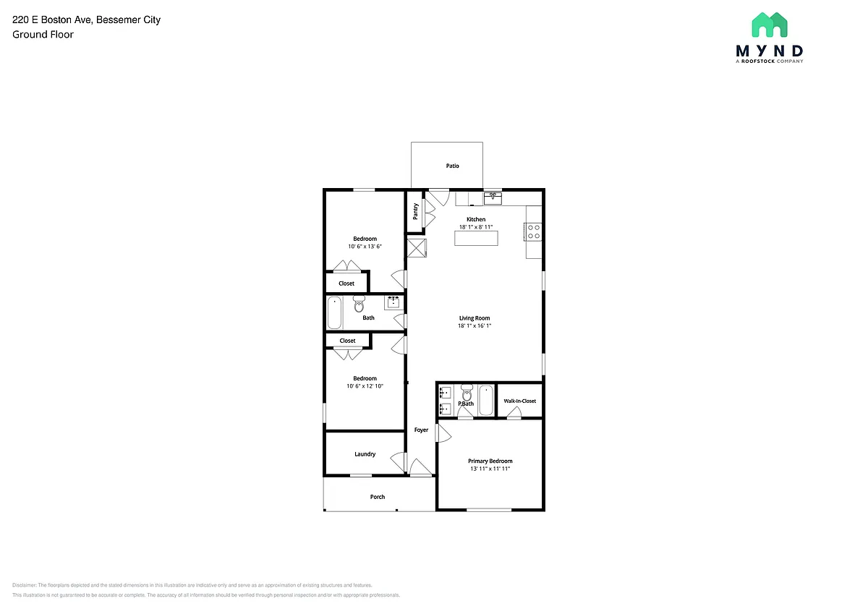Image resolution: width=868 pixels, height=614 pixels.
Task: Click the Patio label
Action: pos(452,166)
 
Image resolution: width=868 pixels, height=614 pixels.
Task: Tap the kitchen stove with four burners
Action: pos(533,231)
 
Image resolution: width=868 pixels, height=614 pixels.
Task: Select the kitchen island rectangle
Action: pos(476,238)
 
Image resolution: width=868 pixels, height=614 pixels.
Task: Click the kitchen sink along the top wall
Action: pos(493,198)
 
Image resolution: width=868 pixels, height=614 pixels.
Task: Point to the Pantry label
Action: pos(415,211)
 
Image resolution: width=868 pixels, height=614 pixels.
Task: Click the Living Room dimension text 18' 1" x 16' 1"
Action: pos(475,325)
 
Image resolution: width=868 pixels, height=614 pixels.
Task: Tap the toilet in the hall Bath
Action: pos(359,304)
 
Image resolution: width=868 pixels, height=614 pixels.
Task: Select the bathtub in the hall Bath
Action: pos(334,312)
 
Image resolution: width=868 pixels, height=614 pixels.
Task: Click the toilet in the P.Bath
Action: pos(467,393)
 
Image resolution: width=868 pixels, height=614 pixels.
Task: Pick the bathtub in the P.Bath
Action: pos(486,400)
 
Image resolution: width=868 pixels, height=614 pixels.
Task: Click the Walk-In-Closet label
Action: pos(519,401)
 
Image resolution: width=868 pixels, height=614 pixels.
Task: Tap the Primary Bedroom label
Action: pos(490,461)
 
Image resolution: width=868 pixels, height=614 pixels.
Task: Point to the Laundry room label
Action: pos(365,454)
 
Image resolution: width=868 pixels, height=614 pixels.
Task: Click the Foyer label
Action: pos(421,430)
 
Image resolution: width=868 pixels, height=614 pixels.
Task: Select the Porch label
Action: pos(378,497)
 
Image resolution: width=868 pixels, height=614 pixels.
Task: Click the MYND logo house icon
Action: pos(770,25)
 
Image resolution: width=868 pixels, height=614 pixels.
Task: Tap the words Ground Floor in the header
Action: pos(43,35)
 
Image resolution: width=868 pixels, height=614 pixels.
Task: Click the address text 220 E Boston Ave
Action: pos(53,20)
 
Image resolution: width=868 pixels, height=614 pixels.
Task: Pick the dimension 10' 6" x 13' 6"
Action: pos(365,247)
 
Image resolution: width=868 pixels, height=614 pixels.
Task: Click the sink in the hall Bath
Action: pos(393,302)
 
